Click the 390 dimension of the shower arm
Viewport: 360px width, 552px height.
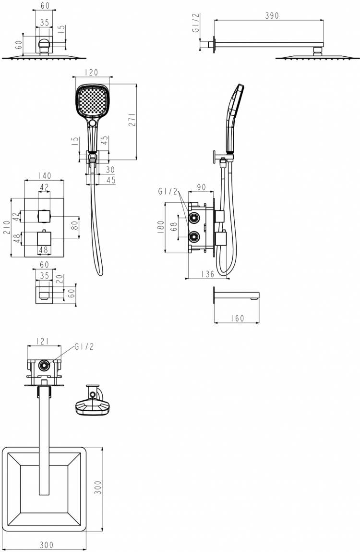(x=272, y=15)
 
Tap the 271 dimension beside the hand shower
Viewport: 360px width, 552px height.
(x=132, y=121)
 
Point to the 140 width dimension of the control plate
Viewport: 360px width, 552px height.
(x=44, y=175)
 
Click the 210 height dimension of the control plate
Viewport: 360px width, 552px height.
(x=6, y=227)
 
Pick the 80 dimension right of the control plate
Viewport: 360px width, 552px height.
(x=74, y=225)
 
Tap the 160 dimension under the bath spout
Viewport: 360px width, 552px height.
(x=237, y=318)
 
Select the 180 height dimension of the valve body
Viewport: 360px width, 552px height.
(x=160, y=227)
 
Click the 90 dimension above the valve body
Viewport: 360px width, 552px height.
(x=201, y=188)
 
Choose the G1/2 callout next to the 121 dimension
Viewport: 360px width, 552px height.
(x=84, y=347)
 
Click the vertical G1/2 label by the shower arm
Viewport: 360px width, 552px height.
(x=196, y=23)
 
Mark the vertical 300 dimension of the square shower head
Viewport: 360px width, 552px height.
(x=98, y=488)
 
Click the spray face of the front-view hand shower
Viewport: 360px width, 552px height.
(x=91, y=101)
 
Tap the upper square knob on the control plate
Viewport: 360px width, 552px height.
(x=44, y=215)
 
